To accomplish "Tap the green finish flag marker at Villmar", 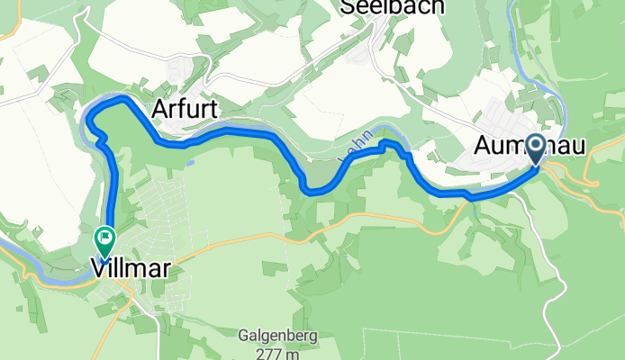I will [104, 241].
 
